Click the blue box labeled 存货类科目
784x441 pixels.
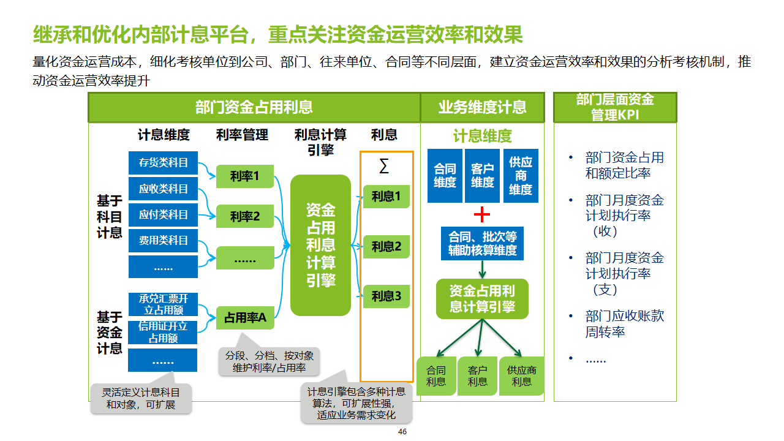coord(163,163)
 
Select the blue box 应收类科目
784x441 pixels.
coord(163,189)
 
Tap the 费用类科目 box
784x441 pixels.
coord(163,240)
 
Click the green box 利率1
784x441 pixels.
coord(245,177)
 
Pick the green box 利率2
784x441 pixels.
coord(245,216)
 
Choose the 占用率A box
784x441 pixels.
coord(245,318)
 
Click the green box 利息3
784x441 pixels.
coord(386,296)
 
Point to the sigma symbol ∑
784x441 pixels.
coord(384,166)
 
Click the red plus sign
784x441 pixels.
coord(483,214)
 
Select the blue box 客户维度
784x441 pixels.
coord(483,176)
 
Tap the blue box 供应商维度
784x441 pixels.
coord(521,176)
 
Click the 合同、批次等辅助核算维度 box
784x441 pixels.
coord(483,243)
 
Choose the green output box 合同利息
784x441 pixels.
coord(436,376)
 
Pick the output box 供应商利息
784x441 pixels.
coord(522,376)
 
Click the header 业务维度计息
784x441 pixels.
coord(482,107)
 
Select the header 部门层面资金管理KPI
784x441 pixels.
coord(615,107)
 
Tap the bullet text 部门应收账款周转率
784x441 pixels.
coord(624,324)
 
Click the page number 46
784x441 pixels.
coord(402,432)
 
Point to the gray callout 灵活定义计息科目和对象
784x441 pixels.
coord(141,398)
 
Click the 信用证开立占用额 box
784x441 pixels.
coord(163,332)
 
